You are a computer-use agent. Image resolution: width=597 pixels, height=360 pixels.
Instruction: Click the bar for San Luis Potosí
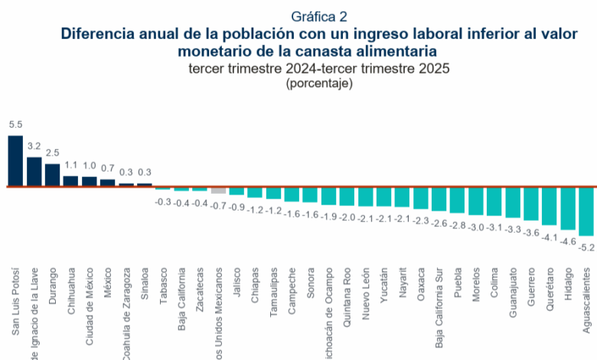[x=15, y=161]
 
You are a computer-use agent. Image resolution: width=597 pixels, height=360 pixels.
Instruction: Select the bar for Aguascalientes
[x=586, y=211]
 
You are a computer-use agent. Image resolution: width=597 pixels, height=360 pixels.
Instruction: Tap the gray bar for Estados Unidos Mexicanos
[x=218, y=189]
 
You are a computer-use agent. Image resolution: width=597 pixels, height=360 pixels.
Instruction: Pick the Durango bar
[x=52, y=175]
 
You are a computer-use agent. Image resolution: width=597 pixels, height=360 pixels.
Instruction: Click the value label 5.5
[x=15, y=124]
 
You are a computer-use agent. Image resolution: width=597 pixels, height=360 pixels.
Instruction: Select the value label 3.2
[x=34, y=145]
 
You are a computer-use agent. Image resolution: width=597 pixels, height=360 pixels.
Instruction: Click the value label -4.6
[x=569, y=241]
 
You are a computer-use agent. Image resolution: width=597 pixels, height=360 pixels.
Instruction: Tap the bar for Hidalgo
[x=568, y=208]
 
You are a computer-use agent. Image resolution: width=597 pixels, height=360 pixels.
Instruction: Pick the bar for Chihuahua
[x=70, y=181]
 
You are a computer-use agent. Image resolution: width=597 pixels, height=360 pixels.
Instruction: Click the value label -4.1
[x=550, y=237]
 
